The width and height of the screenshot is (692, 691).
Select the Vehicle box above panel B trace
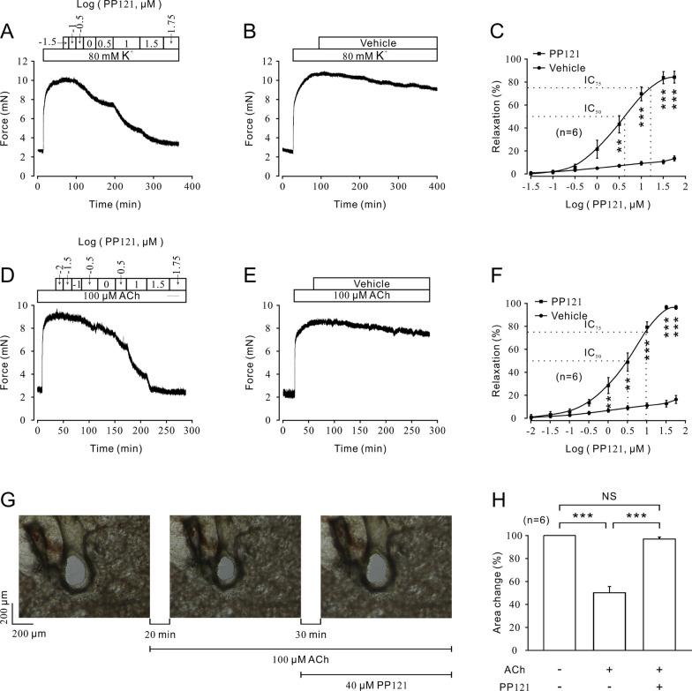click(377, 42)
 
